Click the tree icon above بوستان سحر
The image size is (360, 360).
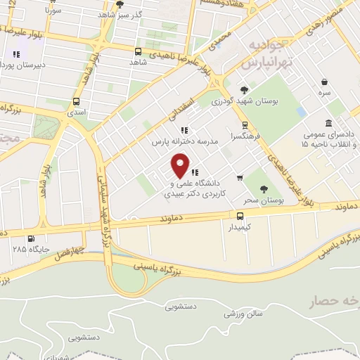264,188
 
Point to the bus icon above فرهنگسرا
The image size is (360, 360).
245,125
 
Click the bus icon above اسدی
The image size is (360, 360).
76,101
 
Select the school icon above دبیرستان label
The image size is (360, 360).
16,54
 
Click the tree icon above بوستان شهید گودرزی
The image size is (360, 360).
245,89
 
